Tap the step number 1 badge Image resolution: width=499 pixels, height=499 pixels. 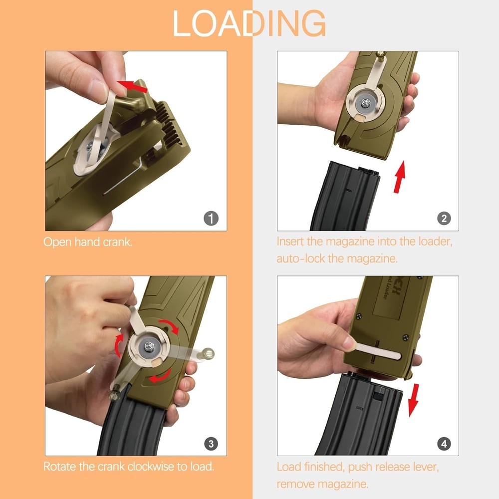pyautogui.click(x=211, y=218)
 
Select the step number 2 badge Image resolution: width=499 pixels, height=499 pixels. pyautogui.click(x=444, y=218)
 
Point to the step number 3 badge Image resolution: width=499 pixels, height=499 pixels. pyautogui.click(x=211, y=443)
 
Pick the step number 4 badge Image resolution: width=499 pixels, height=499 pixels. pyautogui.click(x=444, y=443)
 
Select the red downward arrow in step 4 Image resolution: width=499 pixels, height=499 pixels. pyautogui.click(x=413, y=400)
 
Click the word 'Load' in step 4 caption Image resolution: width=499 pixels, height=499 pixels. pyautogui.click(x=288, y=467)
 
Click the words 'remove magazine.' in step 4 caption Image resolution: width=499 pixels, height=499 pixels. pyautogui.click(x=323, y=484)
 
